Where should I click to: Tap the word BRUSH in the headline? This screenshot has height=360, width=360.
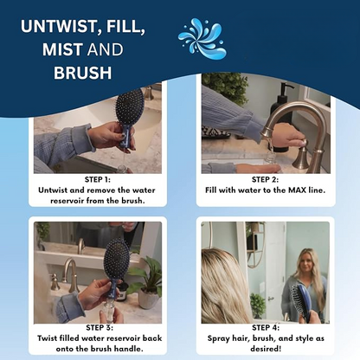click(83, 73)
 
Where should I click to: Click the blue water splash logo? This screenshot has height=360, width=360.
click(201, 39)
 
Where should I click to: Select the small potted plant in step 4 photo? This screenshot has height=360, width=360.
click(257, 304)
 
